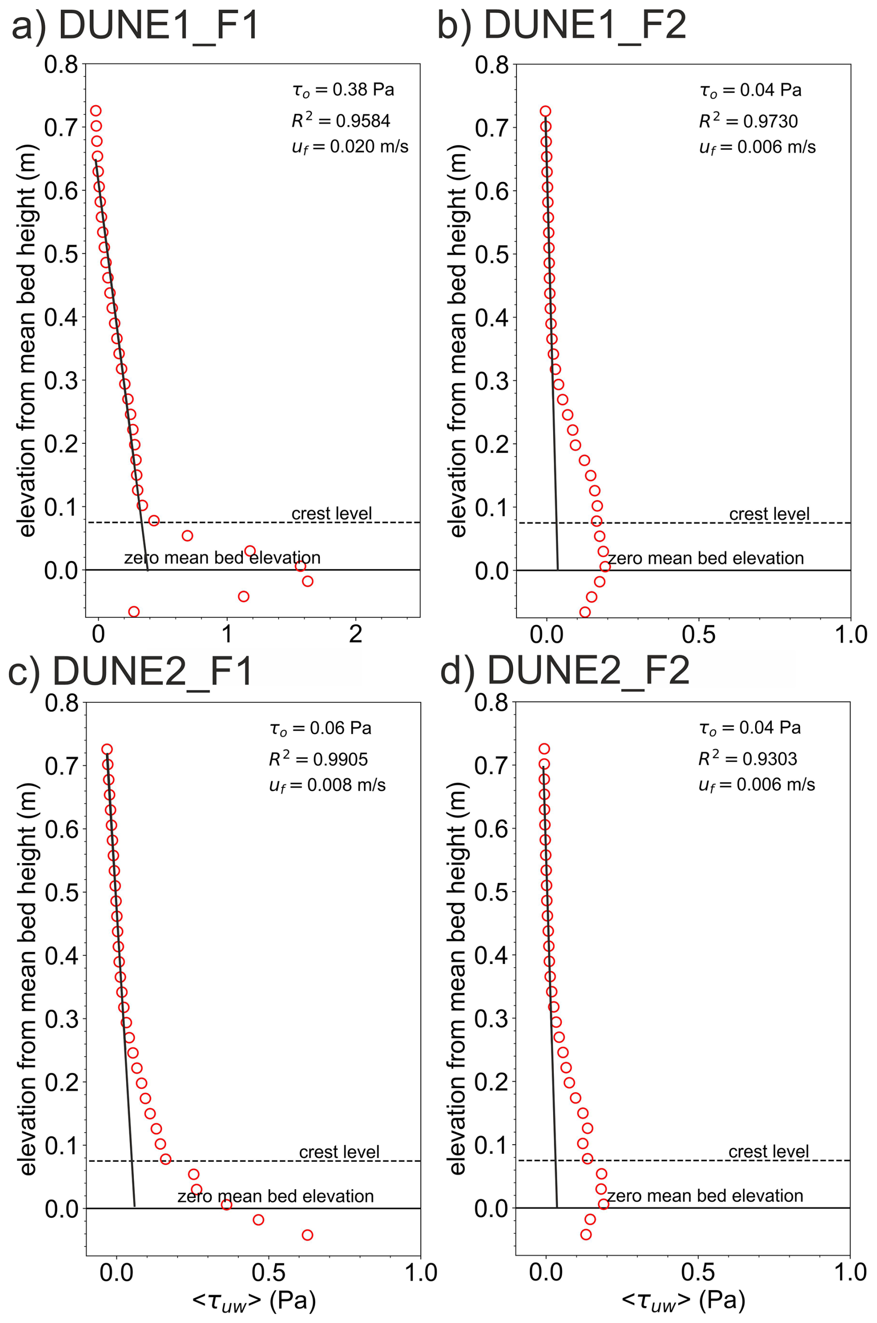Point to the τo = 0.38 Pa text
click(x=343, y=90)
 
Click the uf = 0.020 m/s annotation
click(x=350, y=147)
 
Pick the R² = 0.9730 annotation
click(x=748, y=121)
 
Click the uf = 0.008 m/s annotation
click(x=327, y=785)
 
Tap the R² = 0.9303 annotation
click(x=748, y=758)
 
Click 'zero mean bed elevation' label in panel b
click(x=706, y=558)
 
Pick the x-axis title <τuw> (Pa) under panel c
click(x=254, y=1301)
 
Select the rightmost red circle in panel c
click(x=307, y=1235)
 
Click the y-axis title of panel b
click(x=457, y=341)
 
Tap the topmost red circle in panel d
click(x=544, y=749)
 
